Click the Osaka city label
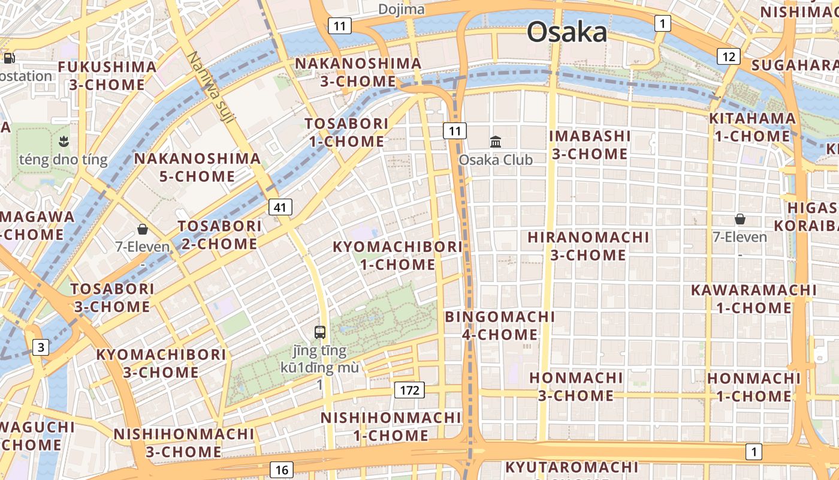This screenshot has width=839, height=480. [566, 32]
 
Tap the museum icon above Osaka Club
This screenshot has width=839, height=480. [496, 142]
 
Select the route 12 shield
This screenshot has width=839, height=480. [729, 57]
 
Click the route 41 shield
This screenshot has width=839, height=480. [280, 208]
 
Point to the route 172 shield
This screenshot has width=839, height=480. [409, 391]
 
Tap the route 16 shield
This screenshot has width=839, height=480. [282, 470]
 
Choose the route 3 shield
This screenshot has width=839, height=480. [41, 347]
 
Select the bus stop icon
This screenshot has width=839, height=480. [320, 332]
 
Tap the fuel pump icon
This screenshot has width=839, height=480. [9, 58]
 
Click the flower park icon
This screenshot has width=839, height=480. [63, 142]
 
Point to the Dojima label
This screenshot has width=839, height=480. [401, 10]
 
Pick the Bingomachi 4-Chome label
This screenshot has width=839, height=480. [500, 325]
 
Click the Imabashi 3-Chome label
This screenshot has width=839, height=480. [590, 145]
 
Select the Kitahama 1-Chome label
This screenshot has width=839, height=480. [752, 127]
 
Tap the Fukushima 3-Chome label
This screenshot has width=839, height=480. [107, 76]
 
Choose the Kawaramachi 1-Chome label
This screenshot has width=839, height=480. [753, 299]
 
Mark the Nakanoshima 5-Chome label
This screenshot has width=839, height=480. [197, 167]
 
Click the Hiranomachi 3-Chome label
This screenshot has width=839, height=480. [588, 246]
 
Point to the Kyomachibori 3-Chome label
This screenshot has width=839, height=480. [161, 363]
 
